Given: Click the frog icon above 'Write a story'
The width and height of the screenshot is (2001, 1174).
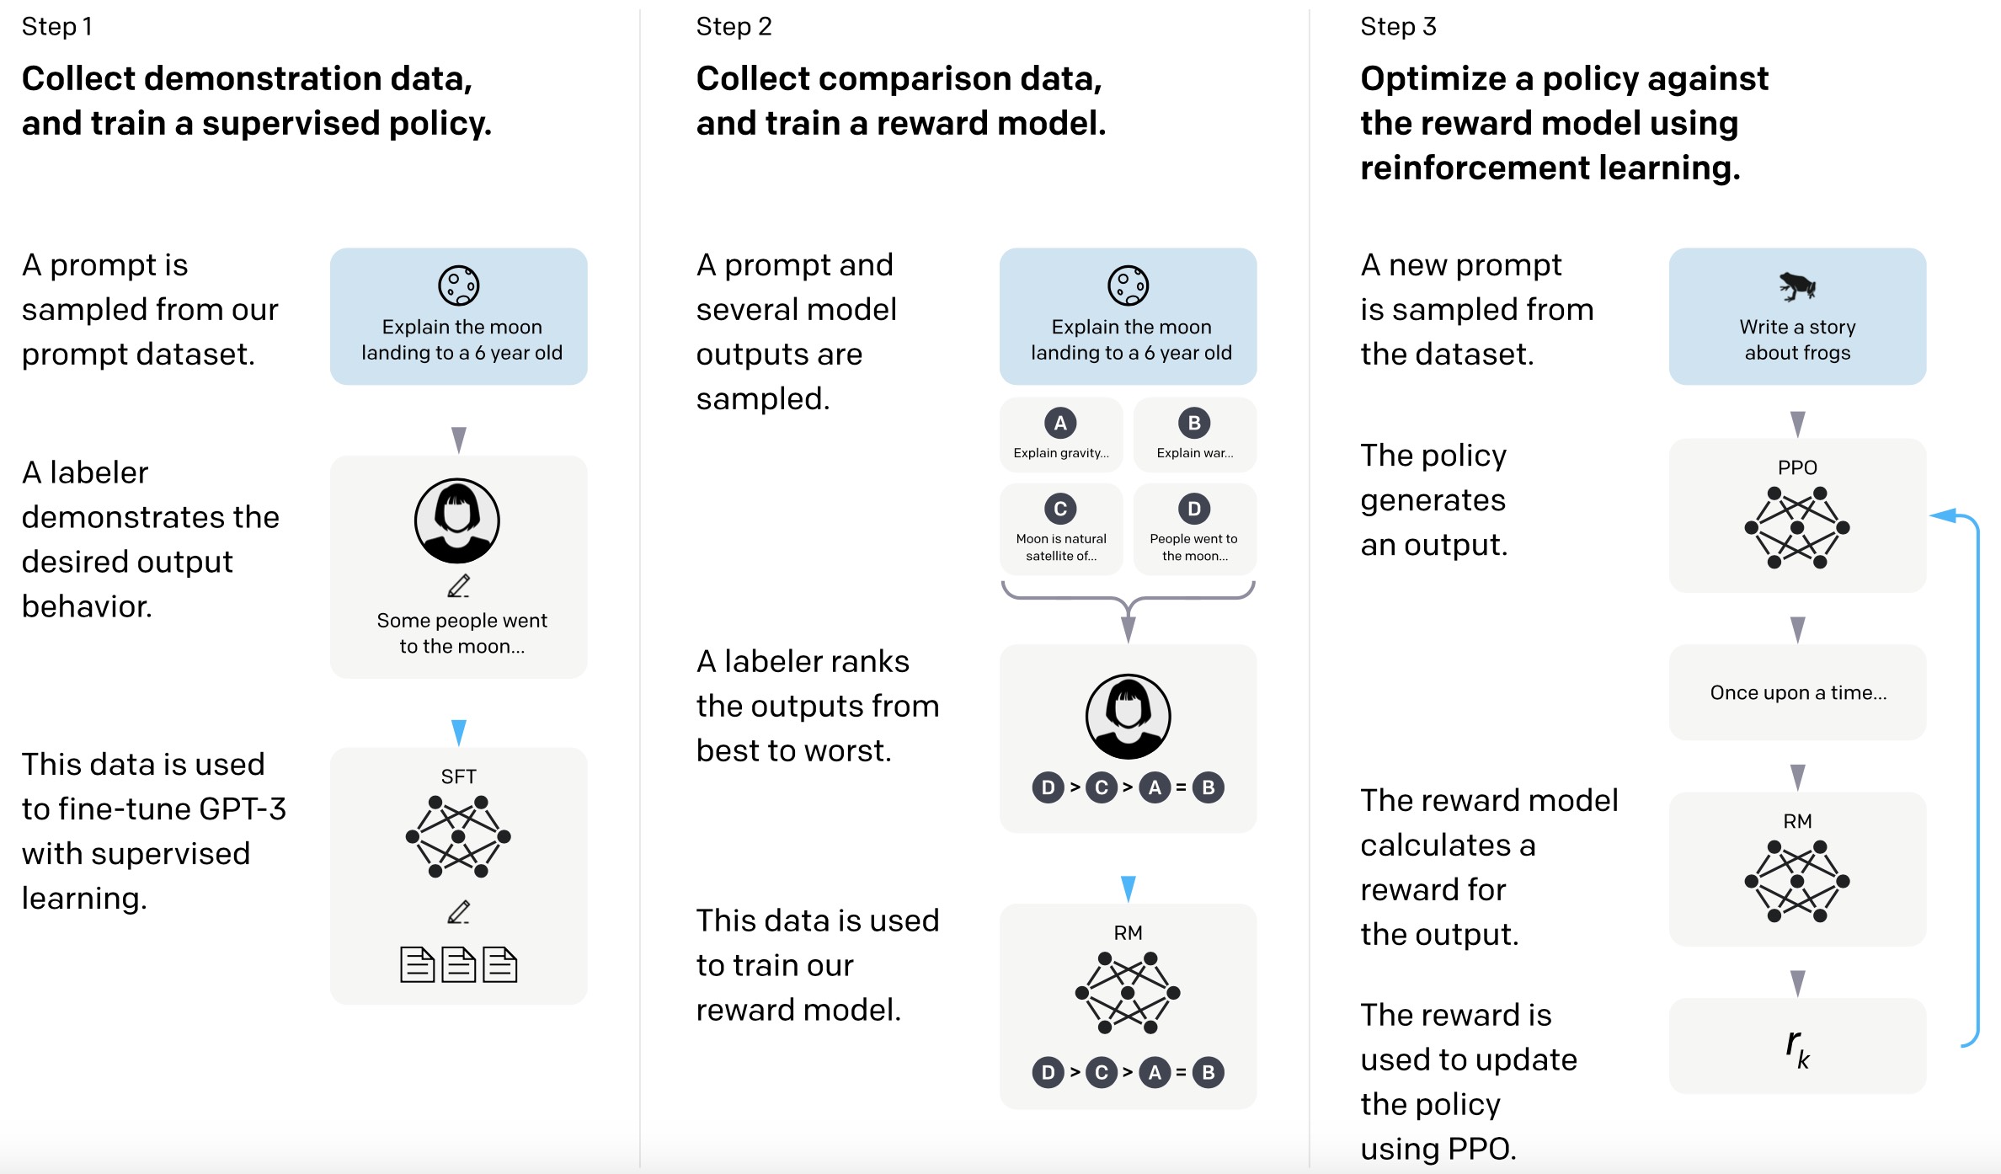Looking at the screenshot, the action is click(x=1797, y=286).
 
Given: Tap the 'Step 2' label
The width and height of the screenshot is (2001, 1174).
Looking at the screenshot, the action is click(x=734, y=27).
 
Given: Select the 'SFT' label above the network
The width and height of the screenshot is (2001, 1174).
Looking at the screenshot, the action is click(x=458, y=776).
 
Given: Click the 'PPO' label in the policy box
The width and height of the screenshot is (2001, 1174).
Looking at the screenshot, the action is click(x=1797, y=467).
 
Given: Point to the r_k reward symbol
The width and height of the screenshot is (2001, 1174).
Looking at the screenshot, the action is click(x=1797, y=1048).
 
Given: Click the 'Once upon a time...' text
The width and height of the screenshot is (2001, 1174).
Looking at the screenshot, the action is click(x=1798, y=692).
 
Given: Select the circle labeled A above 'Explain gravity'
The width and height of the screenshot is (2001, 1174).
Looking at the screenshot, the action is click(x=1060, y=423).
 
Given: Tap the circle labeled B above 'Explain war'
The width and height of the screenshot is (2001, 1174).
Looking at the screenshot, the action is click(x=1194, y=423).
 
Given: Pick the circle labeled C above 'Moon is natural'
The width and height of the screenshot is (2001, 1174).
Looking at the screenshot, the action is click(x=1060, y=509).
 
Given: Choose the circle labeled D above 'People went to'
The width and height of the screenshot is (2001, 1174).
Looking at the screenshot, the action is click(x=1194, y=509).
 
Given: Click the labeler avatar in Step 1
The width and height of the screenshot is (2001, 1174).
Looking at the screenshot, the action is click(x=457, y=520).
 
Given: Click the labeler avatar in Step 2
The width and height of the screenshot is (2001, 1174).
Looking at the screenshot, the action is click(x=1128, y=717).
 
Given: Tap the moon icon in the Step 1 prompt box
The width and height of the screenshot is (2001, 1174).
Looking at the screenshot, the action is click(x=459, y=285).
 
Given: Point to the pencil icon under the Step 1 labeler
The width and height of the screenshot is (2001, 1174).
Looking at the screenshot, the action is click(x=459, y=586).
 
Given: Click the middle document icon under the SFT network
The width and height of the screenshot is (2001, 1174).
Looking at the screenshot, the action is click(x=459, y=965).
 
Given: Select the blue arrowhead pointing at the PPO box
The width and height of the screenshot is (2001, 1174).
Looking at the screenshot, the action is click(x=1943, y=515).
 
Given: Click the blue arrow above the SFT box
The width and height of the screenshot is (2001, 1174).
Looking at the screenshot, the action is click(x=459, y=732).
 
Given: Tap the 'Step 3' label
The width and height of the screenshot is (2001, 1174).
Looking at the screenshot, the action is click(x=1398, y=27).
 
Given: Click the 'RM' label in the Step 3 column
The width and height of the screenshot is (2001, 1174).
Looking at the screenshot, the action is click(x=1797, y=821).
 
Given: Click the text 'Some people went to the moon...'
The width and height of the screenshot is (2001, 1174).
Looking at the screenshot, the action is click(x=462, y=633).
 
